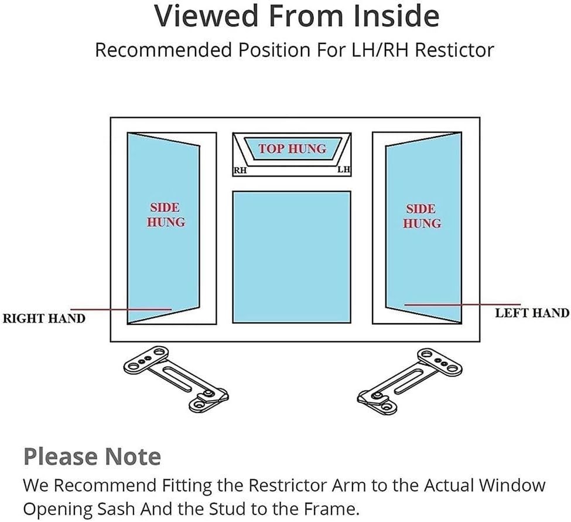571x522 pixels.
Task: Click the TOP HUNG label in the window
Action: [x=292, y=149]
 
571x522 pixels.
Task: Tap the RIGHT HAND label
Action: [x=44, y=318]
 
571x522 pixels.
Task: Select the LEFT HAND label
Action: [x=532, y=313]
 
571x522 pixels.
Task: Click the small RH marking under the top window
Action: [x=240, y=170]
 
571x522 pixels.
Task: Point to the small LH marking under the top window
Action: [x=344, y=170]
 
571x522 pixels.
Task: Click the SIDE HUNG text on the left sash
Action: [x=166, y=215]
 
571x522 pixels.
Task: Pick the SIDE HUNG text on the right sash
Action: [x=422, y=216]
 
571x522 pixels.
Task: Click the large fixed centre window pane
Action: [x=292, y=257]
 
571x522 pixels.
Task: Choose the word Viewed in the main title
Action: [x=206, y=16]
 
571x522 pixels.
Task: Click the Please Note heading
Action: [x=92, y=457]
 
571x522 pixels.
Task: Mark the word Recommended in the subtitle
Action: [x=163, y=50]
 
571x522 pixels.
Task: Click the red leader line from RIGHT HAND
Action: [x=121, y=309]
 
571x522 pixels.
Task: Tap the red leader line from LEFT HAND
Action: [x=463, y=304]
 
